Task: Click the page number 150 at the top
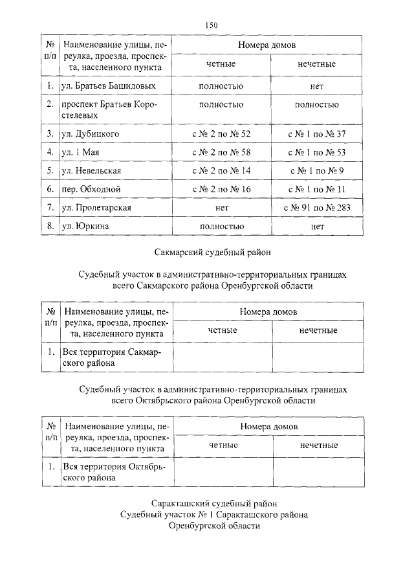click(x=211, y=25)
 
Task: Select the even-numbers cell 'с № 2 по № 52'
click(x=221, y=134)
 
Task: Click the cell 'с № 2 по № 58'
click(x=221, y=152)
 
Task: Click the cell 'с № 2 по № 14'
click(x=221, y=171)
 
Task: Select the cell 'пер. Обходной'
click(x=91, y=189)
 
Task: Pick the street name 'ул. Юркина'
click(x=85, y=227)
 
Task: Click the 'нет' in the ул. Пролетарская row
click(x=222, y=208)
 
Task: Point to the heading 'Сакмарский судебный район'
click(x=213, y=251)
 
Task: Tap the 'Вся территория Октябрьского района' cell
click(x=114, y=471)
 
